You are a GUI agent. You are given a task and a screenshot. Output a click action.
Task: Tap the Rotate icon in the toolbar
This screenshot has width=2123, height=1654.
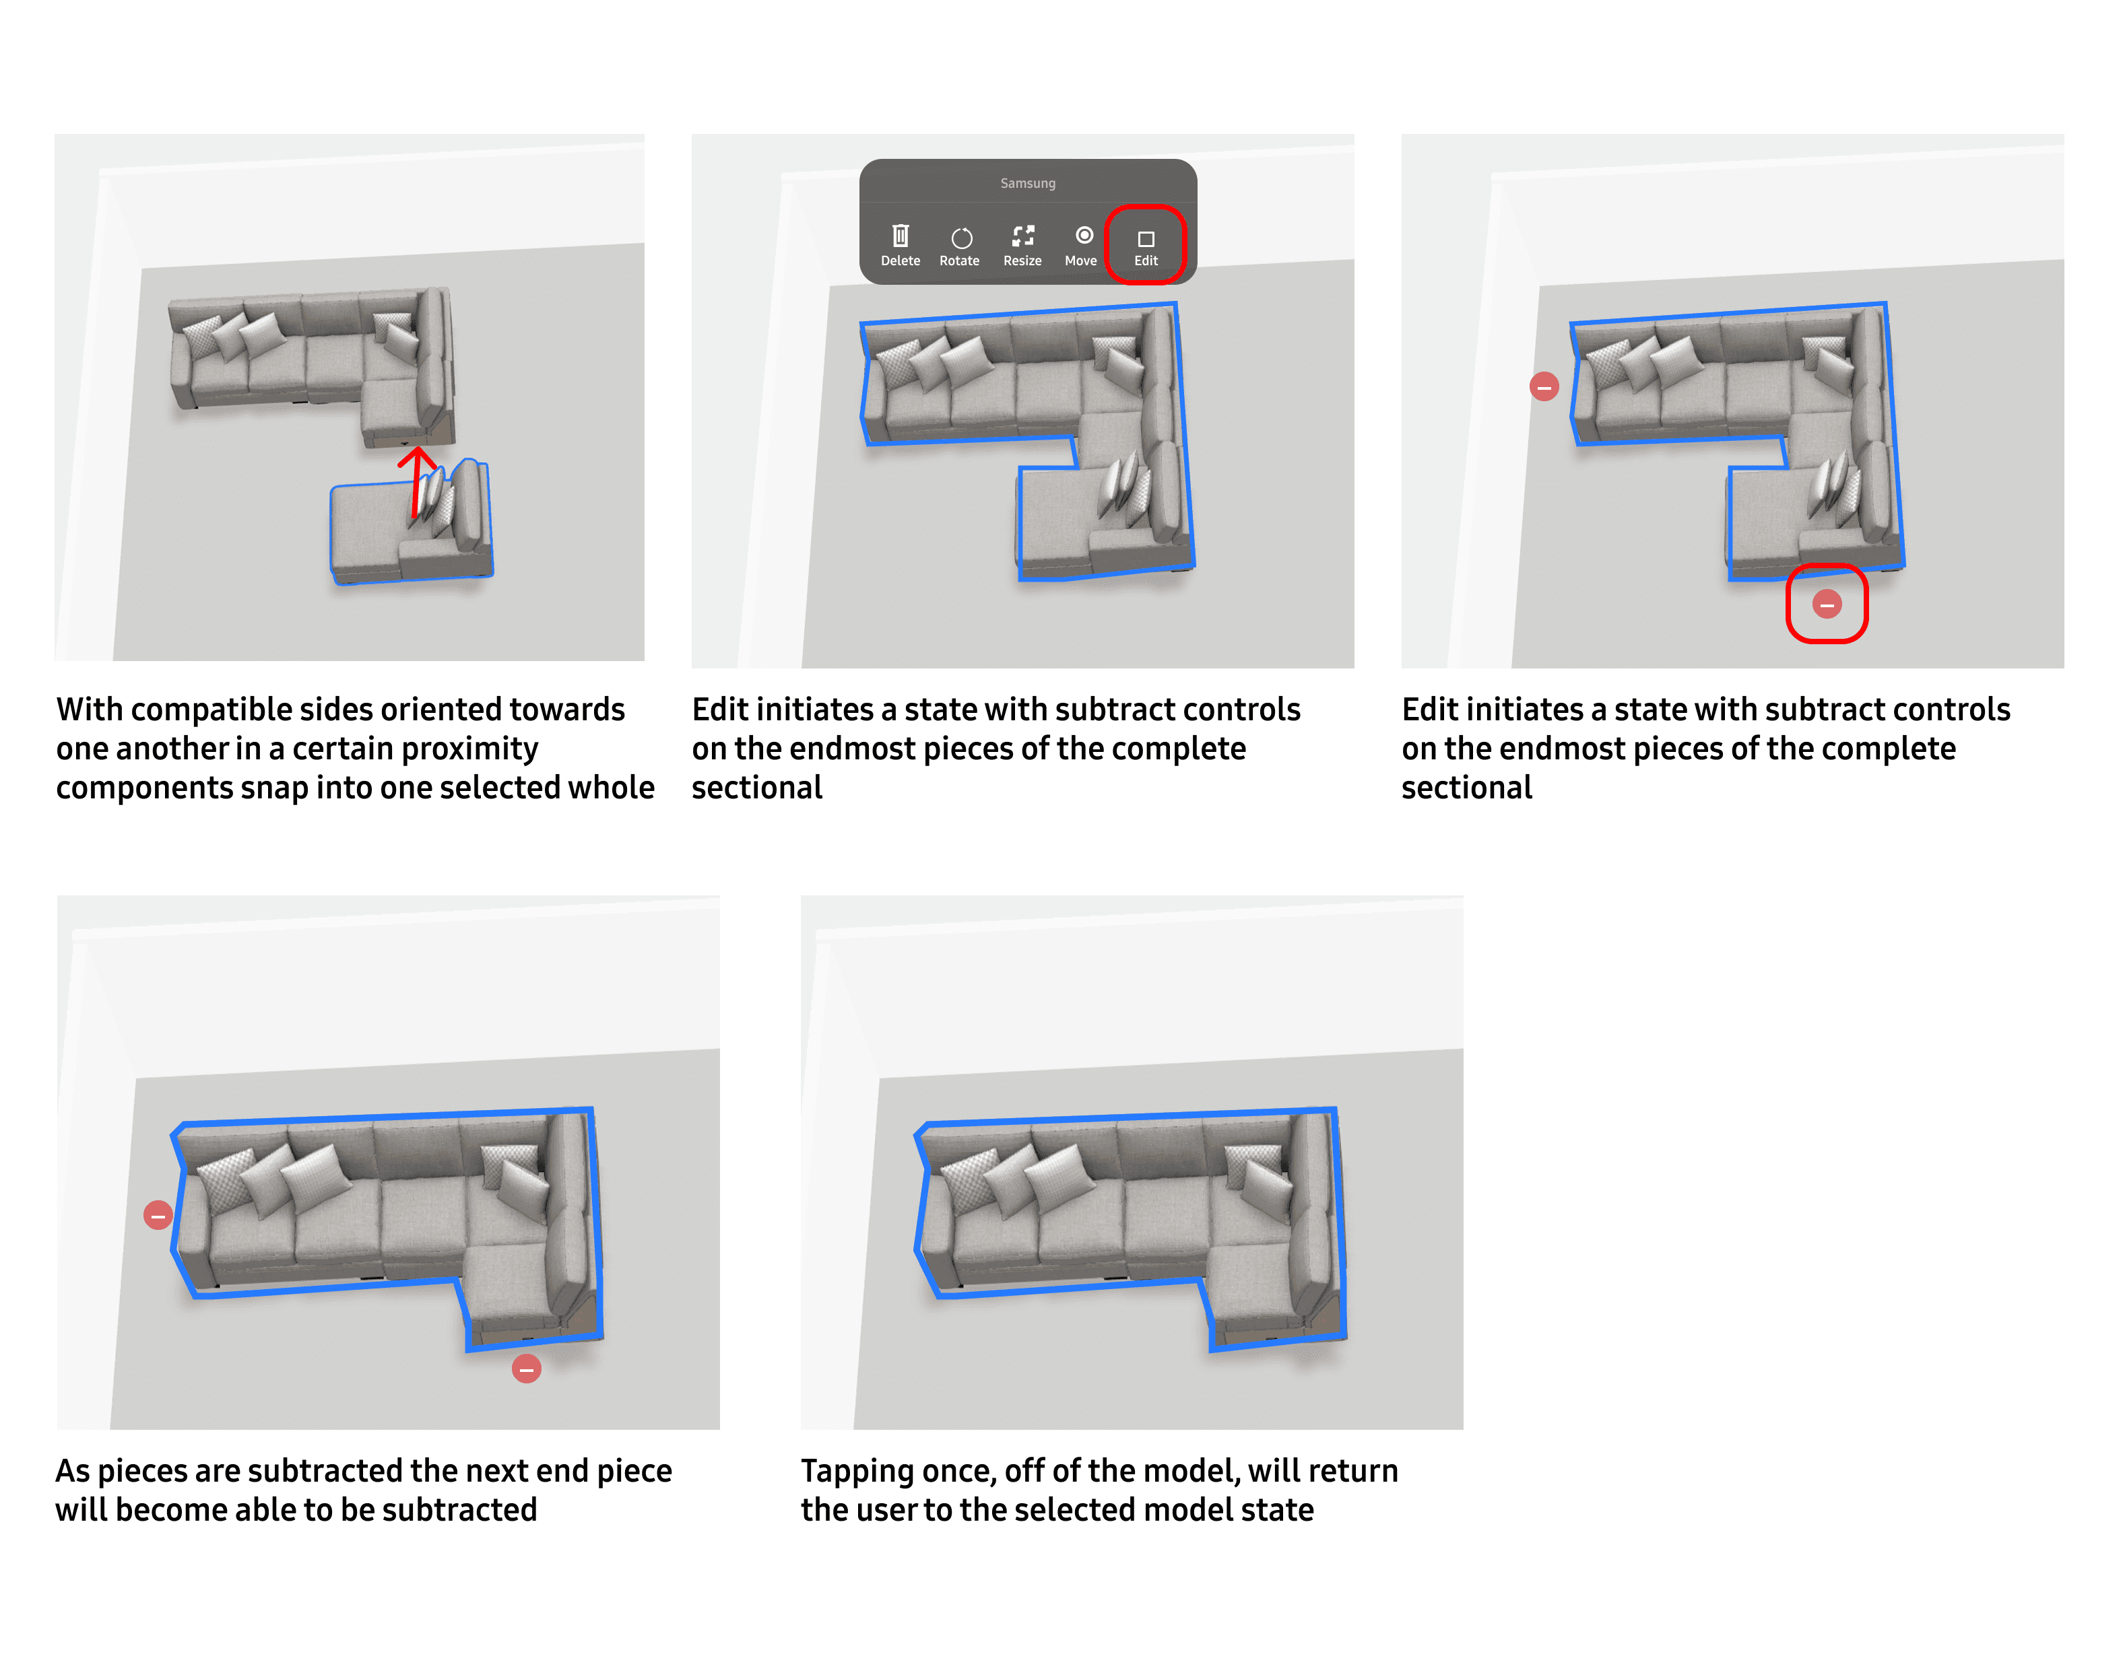961,238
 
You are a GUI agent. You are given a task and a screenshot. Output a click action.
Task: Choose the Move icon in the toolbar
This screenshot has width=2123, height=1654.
1084,235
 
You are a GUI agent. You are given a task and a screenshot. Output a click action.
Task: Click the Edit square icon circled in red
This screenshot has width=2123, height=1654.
1146,238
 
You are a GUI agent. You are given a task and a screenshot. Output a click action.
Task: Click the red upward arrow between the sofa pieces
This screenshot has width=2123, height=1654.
417,482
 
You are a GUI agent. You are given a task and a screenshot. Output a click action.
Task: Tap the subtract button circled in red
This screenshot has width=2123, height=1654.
1827,605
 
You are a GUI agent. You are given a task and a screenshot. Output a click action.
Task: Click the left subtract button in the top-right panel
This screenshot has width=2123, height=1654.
1544,387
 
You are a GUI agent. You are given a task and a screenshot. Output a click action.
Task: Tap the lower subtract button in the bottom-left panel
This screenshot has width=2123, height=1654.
526,1369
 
